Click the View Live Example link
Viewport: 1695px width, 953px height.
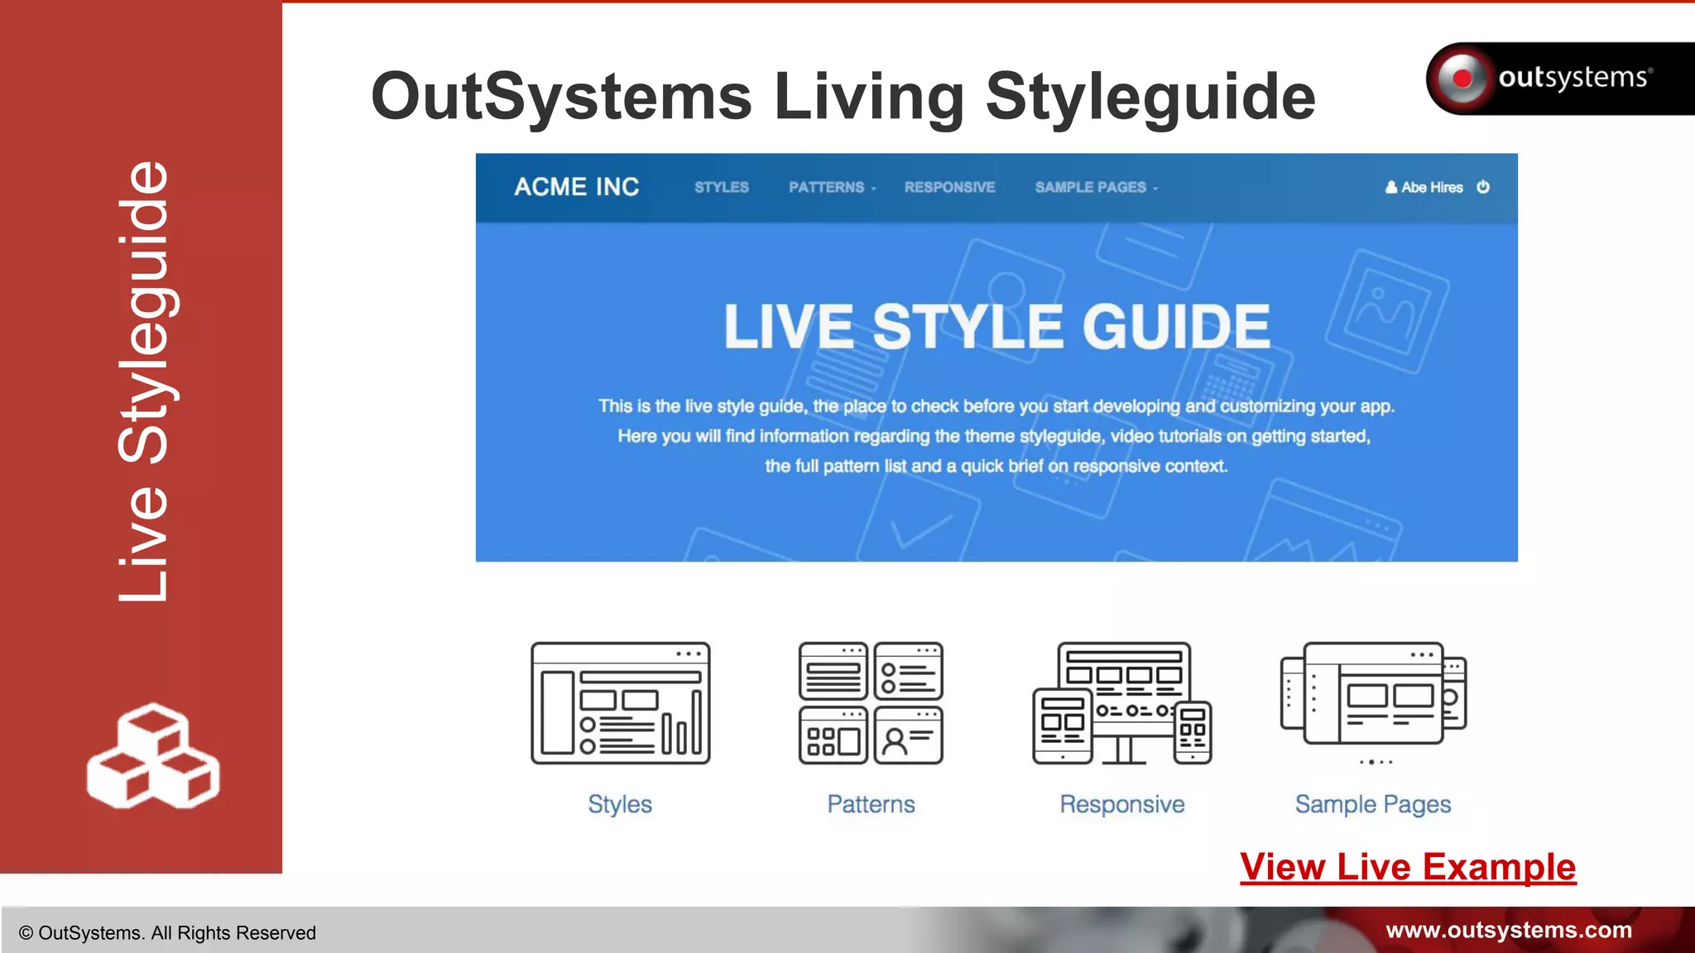tap(1407, 867)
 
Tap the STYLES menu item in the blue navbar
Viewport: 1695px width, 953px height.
tap(721, 188)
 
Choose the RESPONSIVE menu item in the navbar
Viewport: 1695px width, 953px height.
tap(949, 188)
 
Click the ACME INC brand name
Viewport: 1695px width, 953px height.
tap(577, 187)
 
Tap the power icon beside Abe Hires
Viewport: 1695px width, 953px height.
tap(1483, 187)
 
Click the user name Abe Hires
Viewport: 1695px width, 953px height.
tap(1431, 188)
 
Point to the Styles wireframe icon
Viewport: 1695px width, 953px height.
tap(620, 703)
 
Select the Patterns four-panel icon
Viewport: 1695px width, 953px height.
tap(871, 703)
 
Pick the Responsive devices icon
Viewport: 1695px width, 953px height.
tap(1122, 703)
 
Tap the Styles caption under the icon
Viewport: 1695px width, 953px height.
tap(620, 804)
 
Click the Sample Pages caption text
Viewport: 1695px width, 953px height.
tap(1373, 804)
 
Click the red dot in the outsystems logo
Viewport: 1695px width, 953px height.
tap(1462, 79)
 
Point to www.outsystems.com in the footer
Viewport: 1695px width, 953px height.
tap(1508, 930)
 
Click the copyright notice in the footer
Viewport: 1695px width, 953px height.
tap(167, 933)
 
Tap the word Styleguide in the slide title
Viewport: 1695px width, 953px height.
tap(1150, 97)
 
